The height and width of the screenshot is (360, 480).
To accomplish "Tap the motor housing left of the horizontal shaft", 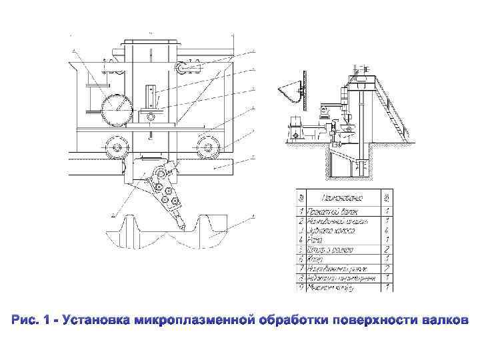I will pyautogui.click(x=294, y=126).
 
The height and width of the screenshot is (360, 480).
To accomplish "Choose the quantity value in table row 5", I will pyautogui.click(x=387, y=249).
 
